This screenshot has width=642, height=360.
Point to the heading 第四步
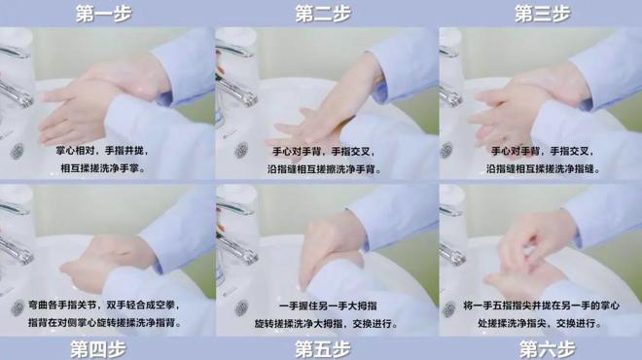point(102,348)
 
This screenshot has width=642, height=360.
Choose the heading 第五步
point(323,348)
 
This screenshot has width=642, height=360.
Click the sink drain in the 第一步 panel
point(17,151)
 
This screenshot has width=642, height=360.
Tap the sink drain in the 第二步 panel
point(240,151)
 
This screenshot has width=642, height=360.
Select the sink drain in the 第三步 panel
point(452,152)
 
